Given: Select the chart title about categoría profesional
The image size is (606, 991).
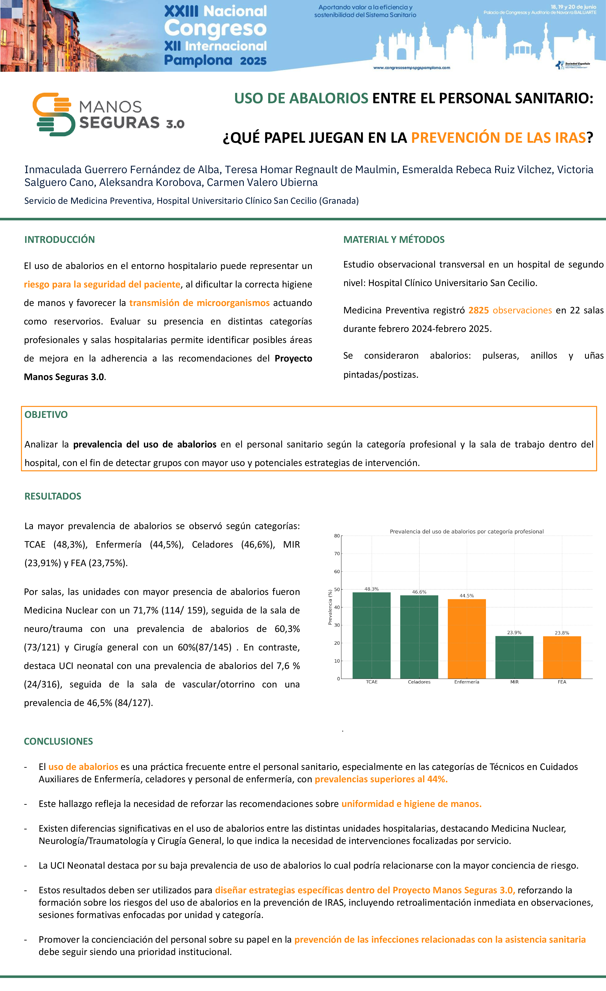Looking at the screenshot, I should (466, 531).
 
